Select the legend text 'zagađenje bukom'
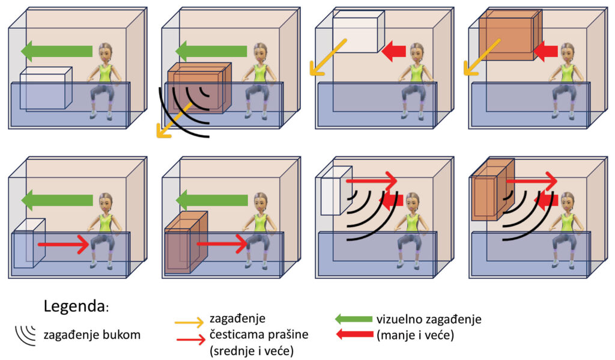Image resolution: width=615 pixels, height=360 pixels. click(x=92, y=335)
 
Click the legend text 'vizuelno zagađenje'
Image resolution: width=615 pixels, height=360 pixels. click(x=429, y=319)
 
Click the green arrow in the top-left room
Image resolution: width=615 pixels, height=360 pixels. click(x=57, y=52)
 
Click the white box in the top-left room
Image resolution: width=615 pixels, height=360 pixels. click(x=45, y=89)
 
